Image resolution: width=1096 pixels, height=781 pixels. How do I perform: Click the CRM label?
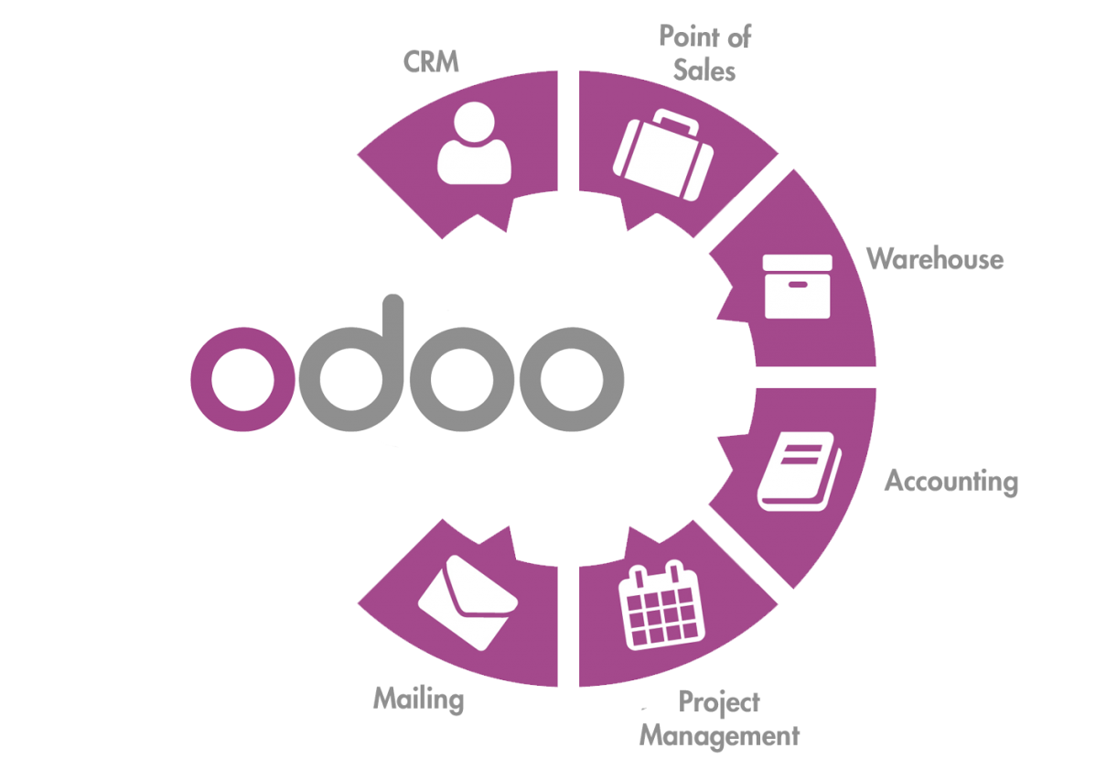point(431,61)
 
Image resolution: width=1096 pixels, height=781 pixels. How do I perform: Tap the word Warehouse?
point(935,259)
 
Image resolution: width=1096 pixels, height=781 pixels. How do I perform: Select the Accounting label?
point(951,482)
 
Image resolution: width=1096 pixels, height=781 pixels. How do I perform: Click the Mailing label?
point(419,700)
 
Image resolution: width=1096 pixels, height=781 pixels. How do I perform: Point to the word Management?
point(719,736)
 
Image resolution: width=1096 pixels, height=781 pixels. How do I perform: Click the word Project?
point(719,702)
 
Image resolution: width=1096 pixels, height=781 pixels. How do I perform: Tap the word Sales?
point(704,71)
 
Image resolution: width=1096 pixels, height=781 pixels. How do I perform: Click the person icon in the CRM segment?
point(475,144)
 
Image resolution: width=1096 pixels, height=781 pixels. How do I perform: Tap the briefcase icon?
point(663,155)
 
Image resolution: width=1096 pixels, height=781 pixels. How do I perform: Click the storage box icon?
point(798,287)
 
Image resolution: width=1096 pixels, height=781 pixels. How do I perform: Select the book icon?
point(800,471)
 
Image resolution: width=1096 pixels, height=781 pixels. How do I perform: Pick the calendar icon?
point(661,605)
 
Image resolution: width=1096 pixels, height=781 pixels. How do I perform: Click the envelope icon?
point(467,602)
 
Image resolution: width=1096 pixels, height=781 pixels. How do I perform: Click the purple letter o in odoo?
point(243,379)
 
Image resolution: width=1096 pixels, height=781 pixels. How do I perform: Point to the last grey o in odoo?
point(572,379)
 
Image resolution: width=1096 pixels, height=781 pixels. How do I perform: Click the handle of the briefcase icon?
point(674,121)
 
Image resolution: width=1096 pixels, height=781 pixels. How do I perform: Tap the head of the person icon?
point(475,123)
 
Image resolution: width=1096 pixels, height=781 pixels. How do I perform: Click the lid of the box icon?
point(798,263)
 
